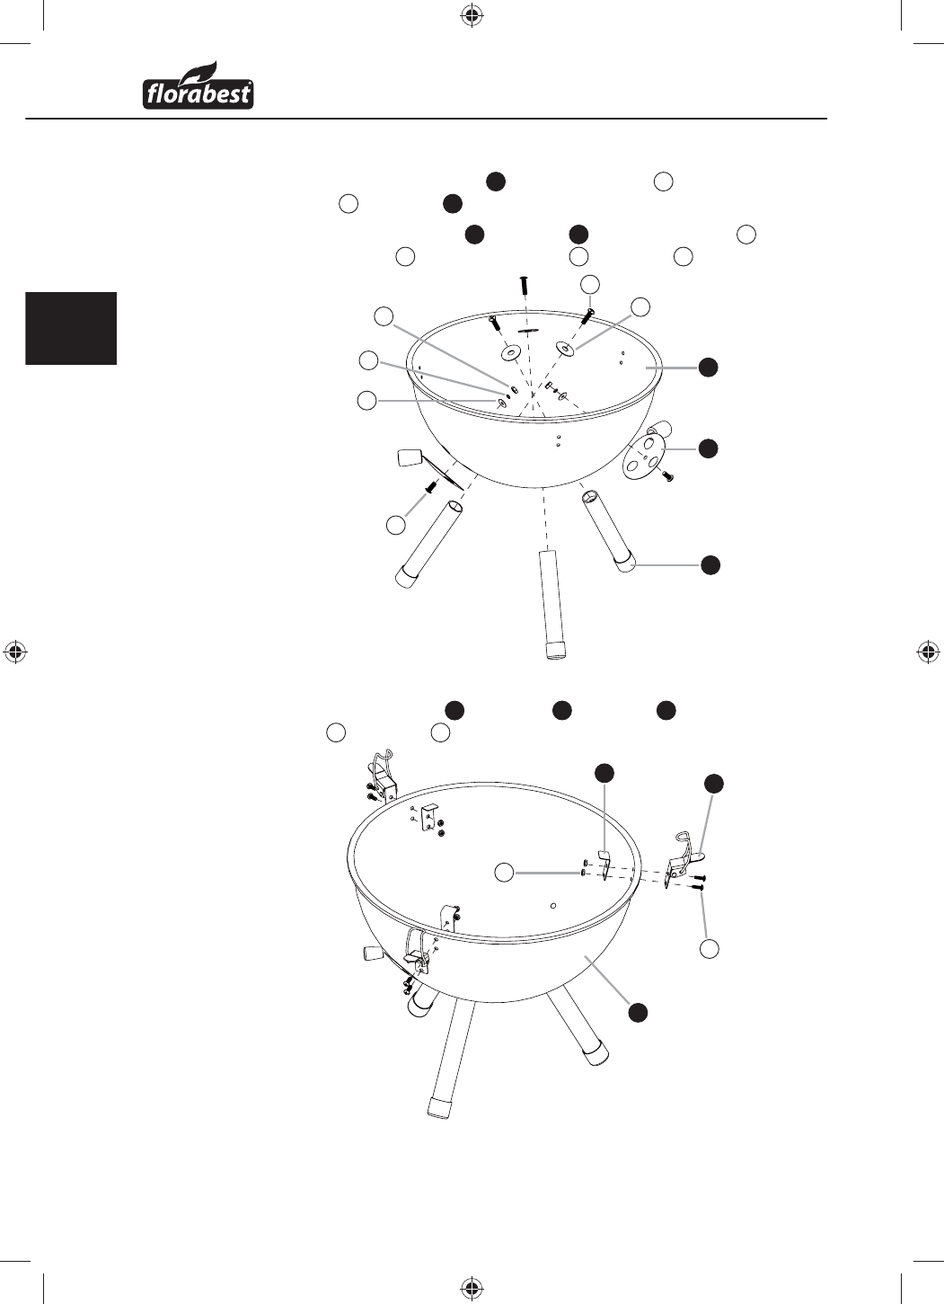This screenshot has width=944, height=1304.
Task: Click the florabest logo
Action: pos(198,85)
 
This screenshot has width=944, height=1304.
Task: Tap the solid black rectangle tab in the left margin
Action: pos(71,328)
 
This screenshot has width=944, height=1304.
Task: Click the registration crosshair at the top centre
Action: pos(471,17)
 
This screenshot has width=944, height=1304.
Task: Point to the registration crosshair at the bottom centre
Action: pos(471,1287)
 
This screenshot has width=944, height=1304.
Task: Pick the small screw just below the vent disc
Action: pos(668,475)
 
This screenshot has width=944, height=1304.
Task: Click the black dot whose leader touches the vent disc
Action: pos(709,448)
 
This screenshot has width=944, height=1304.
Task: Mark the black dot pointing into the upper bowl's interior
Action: pos(709,368)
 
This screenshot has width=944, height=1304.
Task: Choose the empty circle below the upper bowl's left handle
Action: pos(396,525)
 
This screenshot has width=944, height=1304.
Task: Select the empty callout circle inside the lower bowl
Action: pos(504,872)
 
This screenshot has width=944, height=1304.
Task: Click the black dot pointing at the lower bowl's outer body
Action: pos(639,1012)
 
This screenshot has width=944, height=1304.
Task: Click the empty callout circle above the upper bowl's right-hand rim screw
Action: pos(590,283)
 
